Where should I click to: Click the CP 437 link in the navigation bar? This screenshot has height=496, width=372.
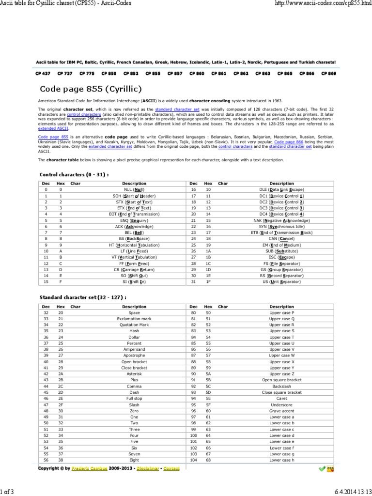(43, 74)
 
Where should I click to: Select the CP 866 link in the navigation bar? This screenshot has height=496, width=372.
(307, 74)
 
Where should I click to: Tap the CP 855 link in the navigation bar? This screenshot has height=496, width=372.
(153, 74)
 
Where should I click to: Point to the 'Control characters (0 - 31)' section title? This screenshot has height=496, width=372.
(74, 174)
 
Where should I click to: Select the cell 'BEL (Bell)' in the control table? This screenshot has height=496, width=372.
(134, 232)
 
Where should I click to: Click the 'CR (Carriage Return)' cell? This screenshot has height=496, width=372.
(134, 269)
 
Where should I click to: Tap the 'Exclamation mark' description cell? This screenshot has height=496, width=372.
(134, 319)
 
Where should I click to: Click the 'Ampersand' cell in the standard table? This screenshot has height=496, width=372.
(134, 349)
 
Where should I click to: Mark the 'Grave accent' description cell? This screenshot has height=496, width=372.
(281, 410)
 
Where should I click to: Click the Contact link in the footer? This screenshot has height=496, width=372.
(171, 469)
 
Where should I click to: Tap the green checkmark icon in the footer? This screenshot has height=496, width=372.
(322, 469)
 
